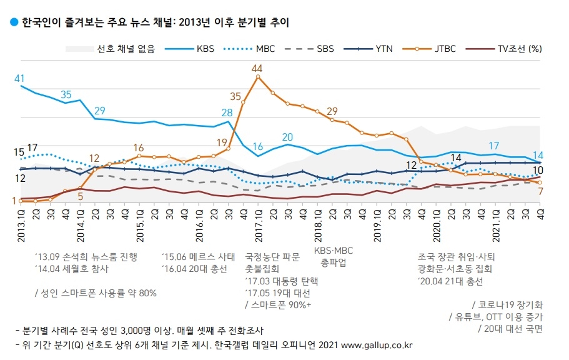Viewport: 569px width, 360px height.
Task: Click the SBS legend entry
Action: [312, 48]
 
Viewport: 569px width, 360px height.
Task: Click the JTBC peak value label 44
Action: [257, 67]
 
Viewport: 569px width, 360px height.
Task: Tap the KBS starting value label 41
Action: [19, 78]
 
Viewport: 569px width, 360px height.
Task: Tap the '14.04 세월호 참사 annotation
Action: [72, 269]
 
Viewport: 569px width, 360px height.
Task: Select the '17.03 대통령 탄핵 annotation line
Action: [281, 281]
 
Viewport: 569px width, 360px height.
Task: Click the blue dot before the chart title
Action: [14, 22]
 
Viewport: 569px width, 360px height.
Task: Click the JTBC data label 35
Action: [235, 96]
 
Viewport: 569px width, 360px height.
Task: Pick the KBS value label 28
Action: [227, 113]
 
